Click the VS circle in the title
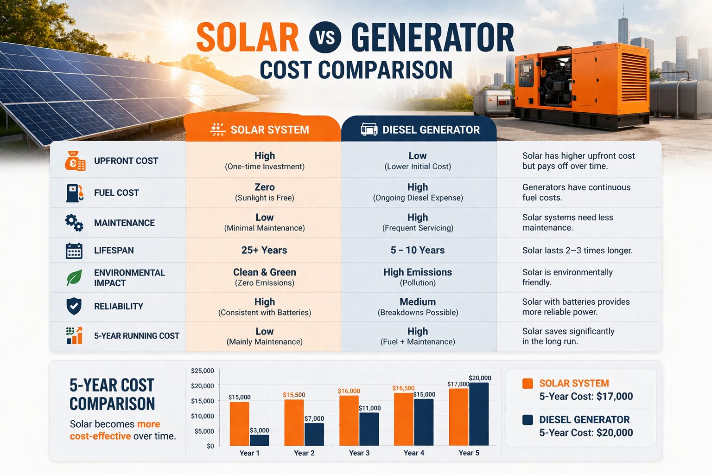click(x=325, y=37)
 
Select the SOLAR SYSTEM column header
click(x=262, y=129)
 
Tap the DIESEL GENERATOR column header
click(x=420, y=129)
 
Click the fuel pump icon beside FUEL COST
click(x=74, y=193)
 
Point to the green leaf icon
click(x=74, y=277)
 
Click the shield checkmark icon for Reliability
click(x=74, y=306)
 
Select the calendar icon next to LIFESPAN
click(x=74, y=250)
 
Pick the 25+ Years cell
click(x=264, y=250)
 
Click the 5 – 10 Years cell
click(x=418, y=250)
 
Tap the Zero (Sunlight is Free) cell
click(x=264, y=192)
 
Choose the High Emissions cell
click(x=418, y=277)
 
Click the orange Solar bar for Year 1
click(x=239, y=424)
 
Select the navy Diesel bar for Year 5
click(x=479, y=414)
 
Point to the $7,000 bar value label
click(x=314, y=418)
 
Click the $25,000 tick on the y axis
click(x=203, y=371)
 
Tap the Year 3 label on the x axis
click(x=359, y=453)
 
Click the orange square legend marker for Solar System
click(x=528, y=384)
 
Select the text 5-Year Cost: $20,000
click(x=586, y=433)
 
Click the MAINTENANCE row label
click(x=124, y=223)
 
